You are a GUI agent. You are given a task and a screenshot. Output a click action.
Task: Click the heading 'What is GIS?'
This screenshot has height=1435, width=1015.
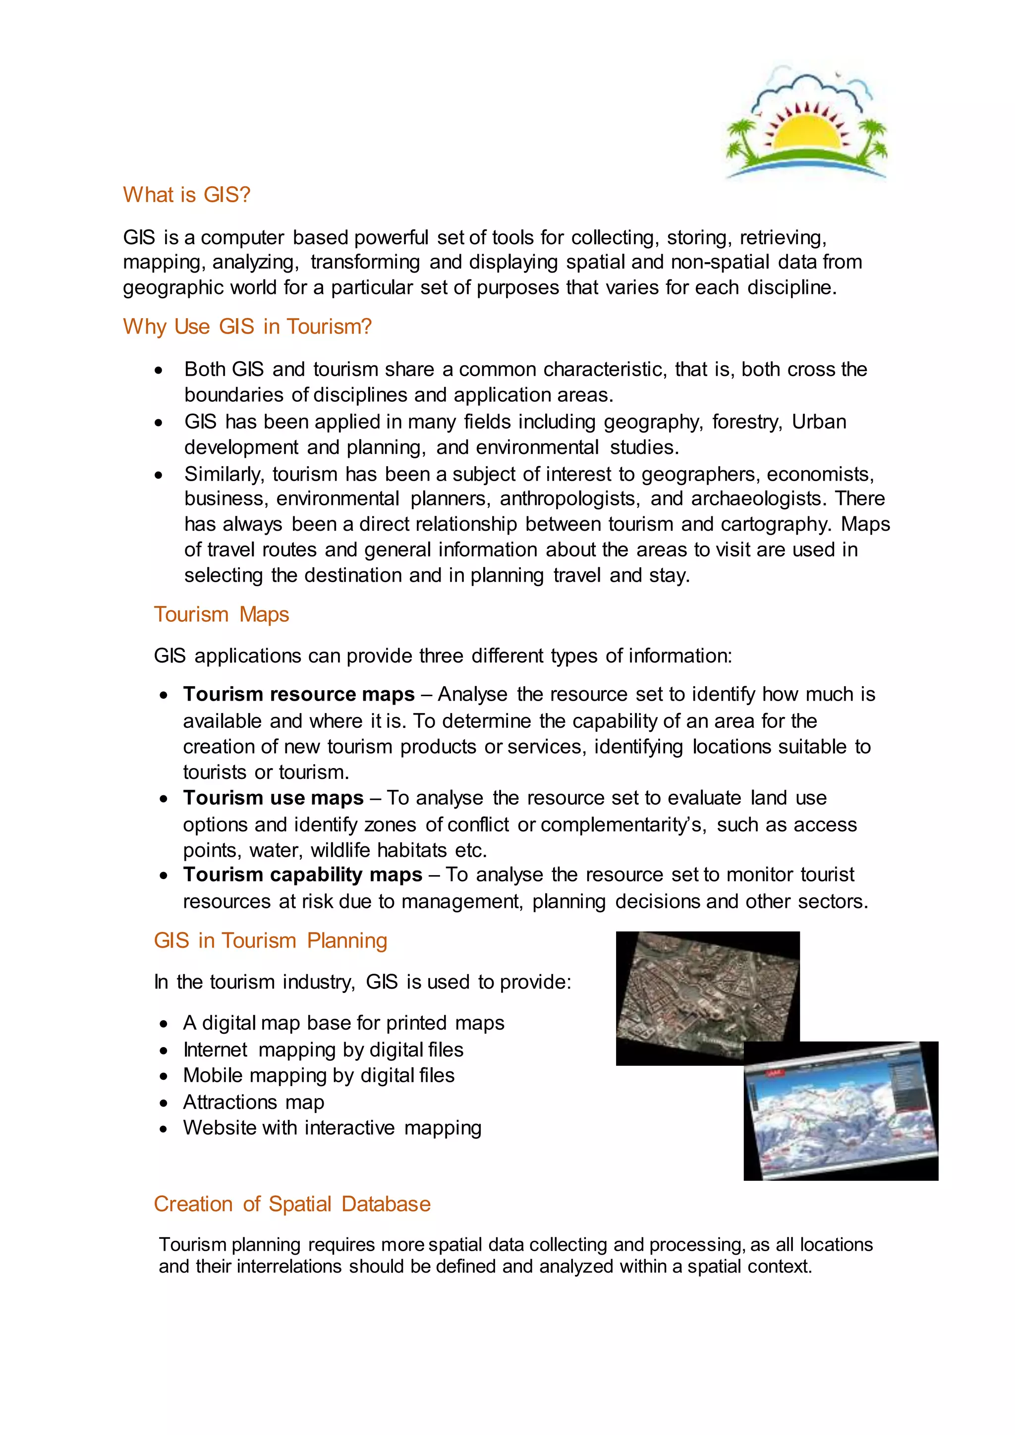186,195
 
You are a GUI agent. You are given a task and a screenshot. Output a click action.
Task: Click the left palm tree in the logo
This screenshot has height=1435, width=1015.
744,137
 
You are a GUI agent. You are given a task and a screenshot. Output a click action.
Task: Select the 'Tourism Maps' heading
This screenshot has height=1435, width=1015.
221,615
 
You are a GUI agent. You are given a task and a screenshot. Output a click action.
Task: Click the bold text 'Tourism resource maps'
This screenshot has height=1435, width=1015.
299,694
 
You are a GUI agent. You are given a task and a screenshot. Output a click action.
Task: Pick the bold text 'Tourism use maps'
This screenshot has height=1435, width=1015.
273,798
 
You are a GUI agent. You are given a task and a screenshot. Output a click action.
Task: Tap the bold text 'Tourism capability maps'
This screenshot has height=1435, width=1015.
302,875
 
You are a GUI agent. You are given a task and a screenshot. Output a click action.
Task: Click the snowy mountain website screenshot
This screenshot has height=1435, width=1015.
841,1112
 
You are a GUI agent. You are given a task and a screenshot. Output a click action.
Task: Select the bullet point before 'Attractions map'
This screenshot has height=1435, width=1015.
164,1103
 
